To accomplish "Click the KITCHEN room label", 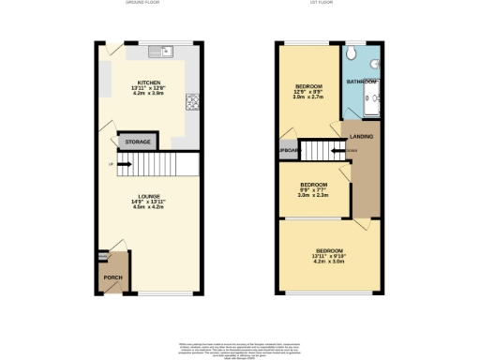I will click(x=150, y=82).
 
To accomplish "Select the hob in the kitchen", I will click(x=192, y=101).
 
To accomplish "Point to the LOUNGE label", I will click(x=149, y=195).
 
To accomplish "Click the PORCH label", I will click(x=113, y=277).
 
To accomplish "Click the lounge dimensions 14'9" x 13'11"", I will click(x=149, y=202).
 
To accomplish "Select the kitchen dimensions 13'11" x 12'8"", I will click(x=150, y=88).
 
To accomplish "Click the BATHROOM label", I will click(x=363, y=82).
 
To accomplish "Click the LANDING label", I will click(x=361, y=138).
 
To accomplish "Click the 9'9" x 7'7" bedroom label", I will click(x=312, y=189).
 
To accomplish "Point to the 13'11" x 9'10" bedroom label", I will click(x=328, y=256).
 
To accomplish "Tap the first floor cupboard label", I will click(x=282, y=150).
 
